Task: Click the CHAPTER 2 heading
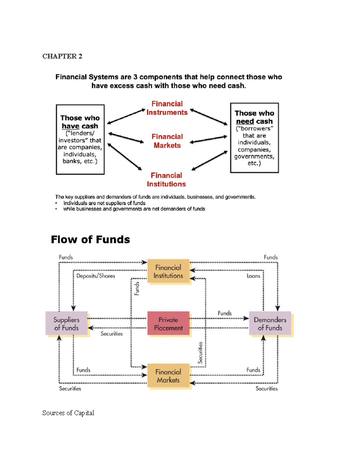[x=62, y=56]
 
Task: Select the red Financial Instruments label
[x=167, y=108]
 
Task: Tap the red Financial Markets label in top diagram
[x=167, y=141]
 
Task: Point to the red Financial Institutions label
[x=166, y=179]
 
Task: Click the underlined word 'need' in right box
[x=245, y=121]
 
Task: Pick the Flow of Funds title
[x=90, y=239]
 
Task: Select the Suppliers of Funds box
[x=67, y=323]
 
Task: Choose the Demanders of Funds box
[x=270, y=323]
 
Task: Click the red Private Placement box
[x=168, y=323]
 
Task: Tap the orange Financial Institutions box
[x=168, y=271]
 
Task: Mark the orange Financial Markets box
[x=168, y=376]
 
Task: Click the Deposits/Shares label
[x=95, y=276]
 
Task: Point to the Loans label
[x=253, y=276]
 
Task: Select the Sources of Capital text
[x=68, y=413]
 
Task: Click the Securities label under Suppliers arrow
[x=111, y=334]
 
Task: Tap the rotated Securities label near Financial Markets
[x=200, y=353]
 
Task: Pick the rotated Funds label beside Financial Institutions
[x=137, y=288]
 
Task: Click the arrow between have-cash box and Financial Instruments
[x=126, y=116]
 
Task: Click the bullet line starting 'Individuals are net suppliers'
[x=104, y=203]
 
